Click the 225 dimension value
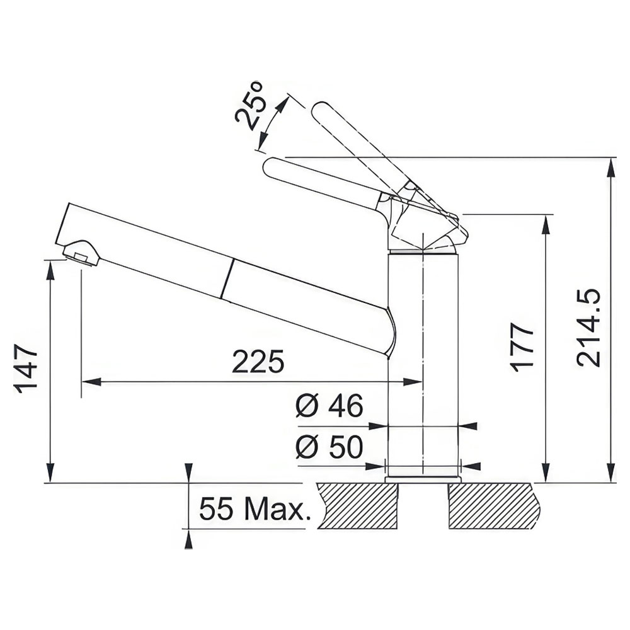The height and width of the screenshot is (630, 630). point(258,362)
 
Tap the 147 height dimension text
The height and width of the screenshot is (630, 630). point(26,368)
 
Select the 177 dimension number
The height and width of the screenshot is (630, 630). point(522,347)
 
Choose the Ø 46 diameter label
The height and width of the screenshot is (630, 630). point(329,405)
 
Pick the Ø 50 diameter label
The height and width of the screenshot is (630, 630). point(329,447)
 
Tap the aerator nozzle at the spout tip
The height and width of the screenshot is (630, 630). point(81,253)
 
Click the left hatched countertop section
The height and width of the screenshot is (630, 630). point(358,506)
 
